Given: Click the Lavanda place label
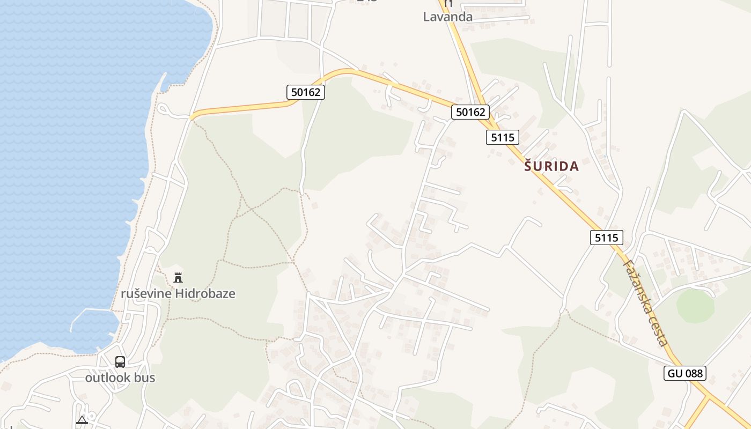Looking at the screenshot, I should pos(447,17).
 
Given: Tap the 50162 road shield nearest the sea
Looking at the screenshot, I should pos(305,92).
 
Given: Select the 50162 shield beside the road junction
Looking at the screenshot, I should pos(470,112).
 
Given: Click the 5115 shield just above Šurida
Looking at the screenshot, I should pos(503,137).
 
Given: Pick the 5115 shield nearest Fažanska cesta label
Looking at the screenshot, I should pos(607,237).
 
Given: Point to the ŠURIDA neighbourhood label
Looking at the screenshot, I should pos(551,166).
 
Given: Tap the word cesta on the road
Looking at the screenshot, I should pos(661,332).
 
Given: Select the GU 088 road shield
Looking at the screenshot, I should pos(684,373).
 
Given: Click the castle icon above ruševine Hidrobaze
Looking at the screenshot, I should pos(178,278).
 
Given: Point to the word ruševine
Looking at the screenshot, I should pos(146,294).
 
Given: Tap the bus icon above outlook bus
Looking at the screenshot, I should pos(120,362).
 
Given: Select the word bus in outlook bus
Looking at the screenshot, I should pos(145,378).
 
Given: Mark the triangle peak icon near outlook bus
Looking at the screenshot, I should pos(82,420).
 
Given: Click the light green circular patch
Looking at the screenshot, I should pos(695,306).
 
